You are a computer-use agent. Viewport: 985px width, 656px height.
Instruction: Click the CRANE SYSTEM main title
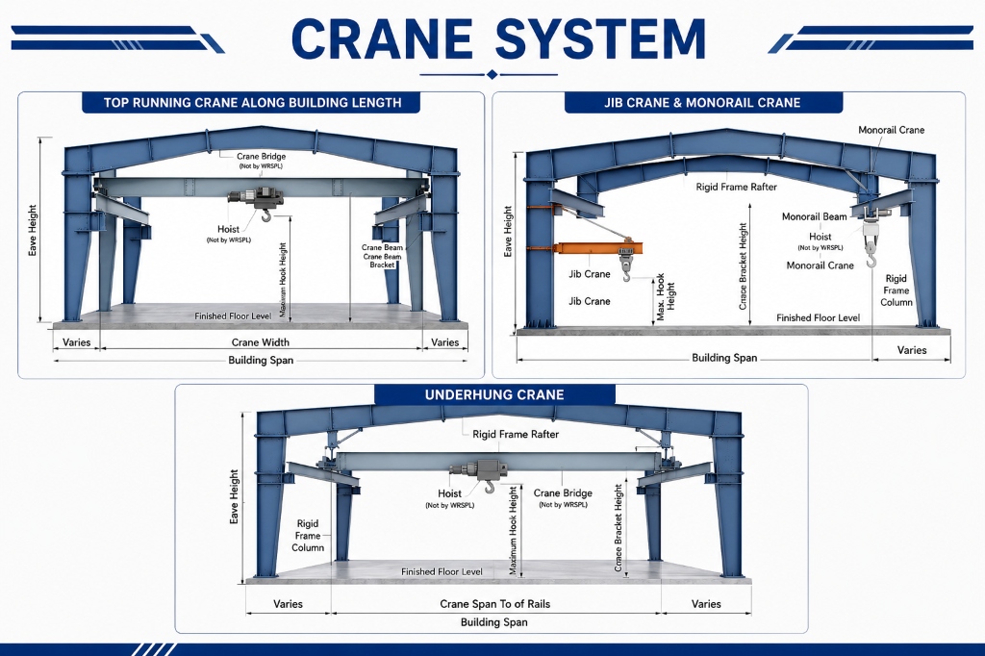point(499,38)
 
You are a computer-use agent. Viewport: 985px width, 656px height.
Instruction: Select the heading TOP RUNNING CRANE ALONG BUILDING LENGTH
point(252,102)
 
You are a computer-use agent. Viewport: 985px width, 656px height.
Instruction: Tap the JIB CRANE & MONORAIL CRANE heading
point(702,102)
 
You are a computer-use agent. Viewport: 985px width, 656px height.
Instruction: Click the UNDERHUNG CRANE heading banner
point(494,394)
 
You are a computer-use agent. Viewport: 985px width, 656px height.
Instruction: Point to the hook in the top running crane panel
point(266,215)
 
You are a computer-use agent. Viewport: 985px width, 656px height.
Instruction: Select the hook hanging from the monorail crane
point(871,257)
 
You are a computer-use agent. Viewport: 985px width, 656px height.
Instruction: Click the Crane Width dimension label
point(260,342)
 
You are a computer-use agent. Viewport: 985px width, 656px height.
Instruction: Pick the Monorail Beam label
point(814,216)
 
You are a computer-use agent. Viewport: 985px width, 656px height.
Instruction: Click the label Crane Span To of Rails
point(495,604)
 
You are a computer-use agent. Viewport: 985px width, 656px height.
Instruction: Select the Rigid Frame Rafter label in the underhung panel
point(516,434)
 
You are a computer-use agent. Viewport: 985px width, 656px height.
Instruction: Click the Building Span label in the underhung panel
point(493,622)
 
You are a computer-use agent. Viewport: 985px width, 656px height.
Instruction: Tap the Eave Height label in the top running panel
point(33,230)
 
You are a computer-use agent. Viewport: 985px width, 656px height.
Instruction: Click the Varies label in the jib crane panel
point(912,350)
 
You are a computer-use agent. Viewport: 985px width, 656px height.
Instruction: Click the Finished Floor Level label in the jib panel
point(818,318)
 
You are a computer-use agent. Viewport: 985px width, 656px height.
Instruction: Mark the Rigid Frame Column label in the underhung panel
point(308,536)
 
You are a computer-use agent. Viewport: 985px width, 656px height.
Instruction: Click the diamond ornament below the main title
point(492,75)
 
